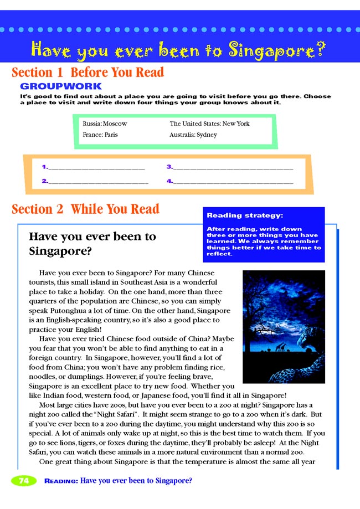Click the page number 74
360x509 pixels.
(24, 481)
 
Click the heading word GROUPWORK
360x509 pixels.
(61, 86)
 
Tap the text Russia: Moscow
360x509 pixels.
(105, 124)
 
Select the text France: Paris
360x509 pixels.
(100, 135)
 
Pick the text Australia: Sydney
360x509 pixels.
(193, 135)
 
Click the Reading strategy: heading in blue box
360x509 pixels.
(237, 215)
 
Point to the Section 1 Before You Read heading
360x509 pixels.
(88, 73)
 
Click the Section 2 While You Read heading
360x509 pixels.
(85, 209)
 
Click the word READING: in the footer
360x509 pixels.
(61, 481)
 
